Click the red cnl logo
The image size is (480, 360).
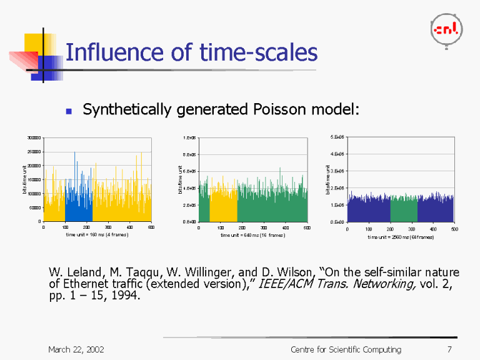[446, 29]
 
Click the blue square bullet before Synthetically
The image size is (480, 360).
[70, 111]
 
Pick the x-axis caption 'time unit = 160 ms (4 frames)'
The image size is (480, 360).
[97, 235]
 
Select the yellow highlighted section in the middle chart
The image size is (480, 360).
[223, 203]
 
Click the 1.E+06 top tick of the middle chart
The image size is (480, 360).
[189, 137]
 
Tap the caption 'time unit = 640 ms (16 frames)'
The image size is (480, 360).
[252, 235]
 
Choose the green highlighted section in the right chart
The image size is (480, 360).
[404, 209]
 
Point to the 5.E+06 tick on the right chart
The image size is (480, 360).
[336, 137]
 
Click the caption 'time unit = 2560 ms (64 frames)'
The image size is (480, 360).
[401, 237]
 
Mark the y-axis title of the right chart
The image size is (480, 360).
[329, 179]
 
